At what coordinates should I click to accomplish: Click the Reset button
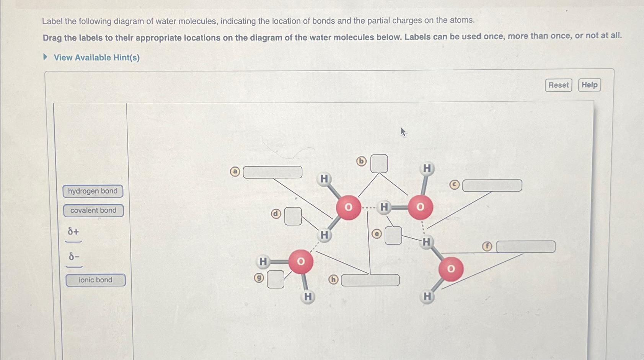[558, 85]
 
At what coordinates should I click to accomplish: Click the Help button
[589, 85]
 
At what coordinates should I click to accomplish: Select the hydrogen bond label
[93, 191]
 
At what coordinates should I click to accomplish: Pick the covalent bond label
[93, 210]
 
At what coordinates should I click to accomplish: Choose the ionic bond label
[95, 280]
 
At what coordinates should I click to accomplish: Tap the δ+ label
[73, 232]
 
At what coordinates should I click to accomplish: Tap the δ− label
[74, 257]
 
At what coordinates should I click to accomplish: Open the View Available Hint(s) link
[96, 58]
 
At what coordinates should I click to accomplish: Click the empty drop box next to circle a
[272, 172]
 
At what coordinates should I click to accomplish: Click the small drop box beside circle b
[379, 164]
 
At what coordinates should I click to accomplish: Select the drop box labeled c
[492, 186]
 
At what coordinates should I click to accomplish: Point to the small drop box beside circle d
[293, 216]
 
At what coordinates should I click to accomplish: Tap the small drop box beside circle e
[393, 235]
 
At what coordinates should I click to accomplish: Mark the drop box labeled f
[525, 247]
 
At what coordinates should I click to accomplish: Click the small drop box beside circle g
[276, 279]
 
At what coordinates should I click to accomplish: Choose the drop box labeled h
[370, 280]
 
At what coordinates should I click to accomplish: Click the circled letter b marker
[361, 161]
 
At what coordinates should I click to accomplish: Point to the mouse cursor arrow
[403, 132]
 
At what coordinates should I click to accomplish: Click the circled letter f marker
[487, 246]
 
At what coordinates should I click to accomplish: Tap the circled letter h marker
[333, 280]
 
